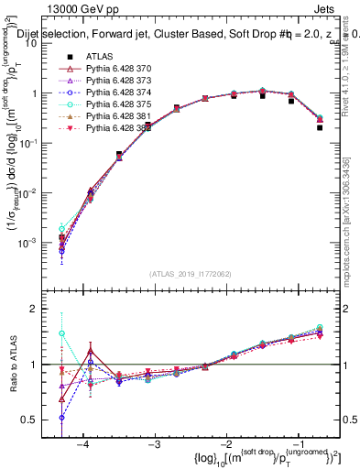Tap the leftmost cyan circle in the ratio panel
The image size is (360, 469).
(x=61, y=333)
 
